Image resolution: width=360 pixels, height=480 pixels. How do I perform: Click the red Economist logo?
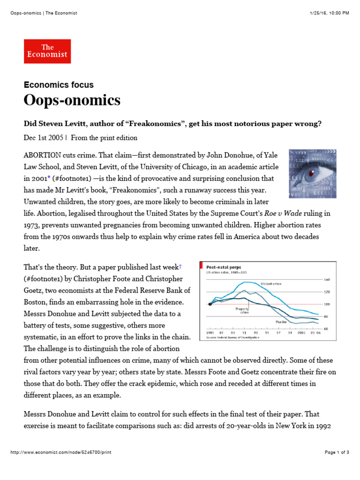click(47, 51)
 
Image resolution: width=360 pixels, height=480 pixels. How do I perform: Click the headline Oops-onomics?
click(72, 100)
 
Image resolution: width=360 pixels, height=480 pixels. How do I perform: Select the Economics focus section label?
click(59, 85)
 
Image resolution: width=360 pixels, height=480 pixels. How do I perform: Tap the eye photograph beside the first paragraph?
click(312, 173)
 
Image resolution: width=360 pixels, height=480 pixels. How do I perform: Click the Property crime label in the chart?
click(242, 310)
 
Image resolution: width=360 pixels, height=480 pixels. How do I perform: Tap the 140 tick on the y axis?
click(327, 279)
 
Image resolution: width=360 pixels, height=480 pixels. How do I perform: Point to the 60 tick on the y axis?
click(327, 329)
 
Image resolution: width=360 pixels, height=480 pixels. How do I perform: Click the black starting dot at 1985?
click(210, 304)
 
